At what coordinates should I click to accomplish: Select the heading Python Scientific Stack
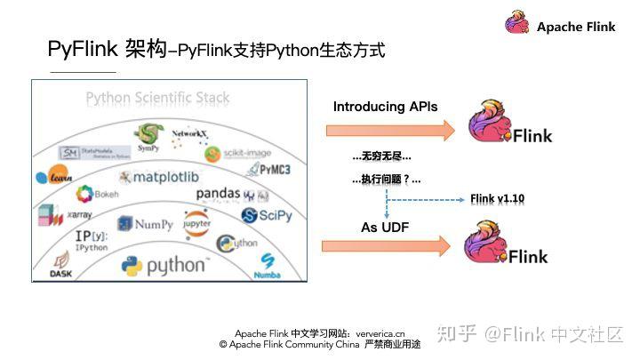[157, 98]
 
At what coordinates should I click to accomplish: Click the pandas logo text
[219, 192]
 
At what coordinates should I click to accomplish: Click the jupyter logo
[196, 222]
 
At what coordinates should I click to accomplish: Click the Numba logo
[268, 263]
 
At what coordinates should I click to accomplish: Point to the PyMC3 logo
[268, 168]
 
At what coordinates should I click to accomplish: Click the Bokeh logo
[85, 193]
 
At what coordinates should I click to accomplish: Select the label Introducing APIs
[385, 107]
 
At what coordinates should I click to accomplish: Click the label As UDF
[385, 228]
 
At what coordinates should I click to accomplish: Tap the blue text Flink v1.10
[498, 198]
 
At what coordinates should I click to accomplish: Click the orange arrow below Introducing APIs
[390, 131]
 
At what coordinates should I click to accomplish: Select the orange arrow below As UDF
[390, 249]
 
